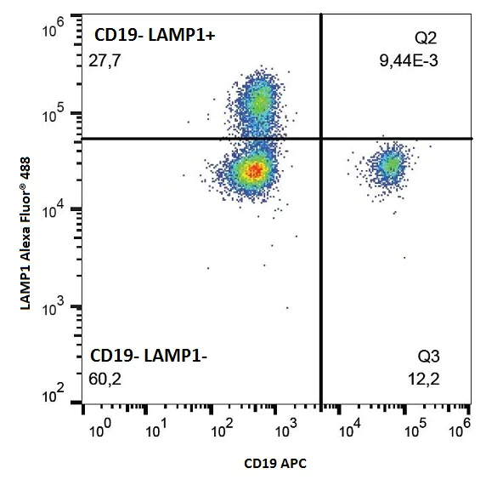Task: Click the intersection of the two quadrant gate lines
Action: (x=321, y=138)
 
